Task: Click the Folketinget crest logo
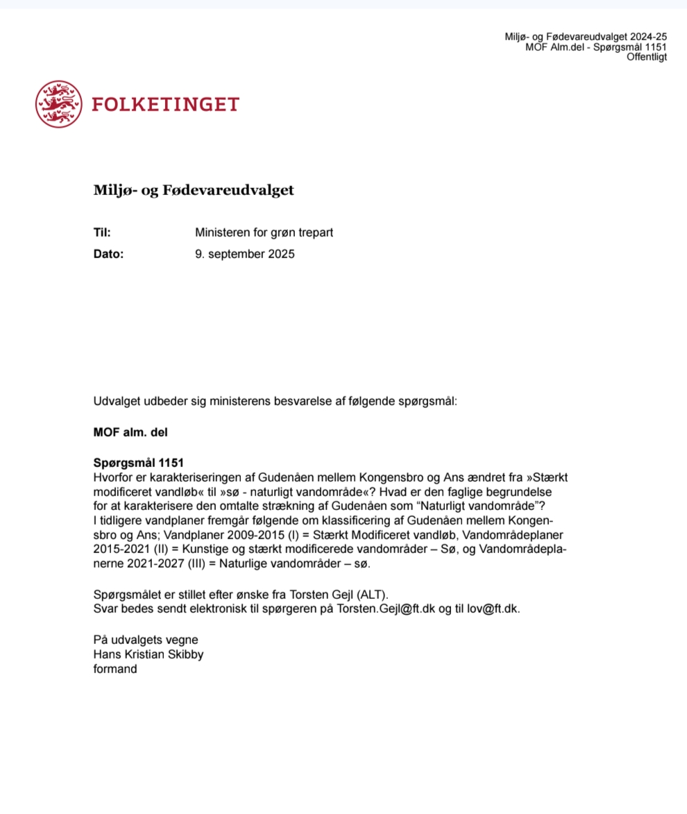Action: click(58, 104)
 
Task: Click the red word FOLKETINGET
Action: click(165, 104)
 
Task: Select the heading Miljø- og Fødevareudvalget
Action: click(194, 190)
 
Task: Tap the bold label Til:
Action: click(102, 232)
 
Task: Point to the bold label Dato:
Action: click(108, 254)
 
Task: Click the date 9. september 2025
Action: click(245, 254)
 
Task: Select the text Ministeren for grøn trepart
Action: click(264, 232)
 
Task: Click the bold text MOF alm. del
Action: click(130, 432)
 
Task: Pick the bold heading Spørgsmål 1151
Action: click(138, 463)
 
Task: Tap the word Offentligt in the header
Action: click(647, 58)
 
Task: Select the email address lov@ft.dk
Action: click(494, 609)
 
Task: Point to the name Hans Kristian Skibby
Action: click(149, 654)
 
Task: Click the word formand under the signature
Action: click(115, 670)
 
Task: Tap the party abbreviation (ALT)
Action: click(374, 594)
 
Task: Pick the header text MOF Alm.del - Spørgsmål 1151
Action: click(596, 47)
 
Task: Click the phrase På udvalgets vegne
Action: click(146, 640)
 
